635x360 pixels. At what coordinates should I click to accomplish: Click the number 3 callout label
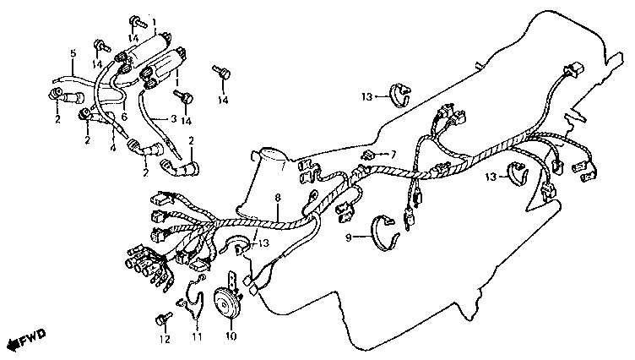click(173, 119)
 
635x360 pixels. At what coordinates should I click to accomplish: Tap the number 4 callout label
click(112, 149)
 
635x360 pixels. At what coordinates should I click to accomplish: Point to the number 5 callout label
click(73, 53)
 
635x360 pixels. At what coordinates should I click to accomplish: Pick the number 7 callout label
click(393, 154)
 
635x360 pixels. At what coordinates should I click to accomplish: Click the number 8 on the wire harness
click(277, 199)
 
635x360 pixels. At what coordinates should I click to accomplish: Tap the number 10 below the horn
click(227, 336)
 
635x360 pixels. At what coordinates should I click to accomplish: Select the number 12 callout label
click(164, 339)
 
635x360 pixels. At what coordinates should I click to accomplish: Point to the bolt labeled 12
click(161, 319)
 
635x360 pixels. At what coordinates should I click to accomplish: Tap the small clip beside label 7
click(370, 155)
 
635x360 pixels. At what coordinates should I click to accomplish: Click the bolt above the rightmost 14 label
click(222, 74)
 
